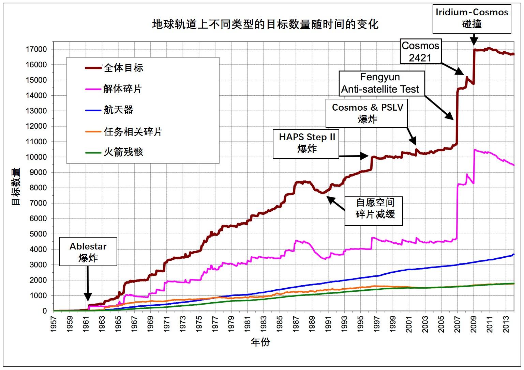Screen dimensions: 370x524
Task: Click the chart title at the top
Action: pyautogui.click(x=265, y=25)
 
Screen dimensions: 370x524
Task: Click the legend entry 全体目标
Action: pyautogui.click(x=123, y=68)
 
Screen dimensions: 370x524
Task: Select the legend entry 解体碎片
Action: pyautogui.click(x=122, y=89)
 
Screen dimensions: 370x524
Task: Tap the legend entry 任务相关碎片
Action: pyautogui.click(x=133, y=132)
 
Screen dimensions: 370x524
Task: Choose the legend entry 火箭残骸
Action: pyautogui.click(x=123, y=152)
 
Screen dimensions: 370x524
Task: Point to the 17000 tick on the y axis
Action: pyautogui.click(x=36, y=49)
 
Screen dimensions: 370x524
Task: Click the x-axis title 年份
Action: pyautogui.click(x=260, y=342)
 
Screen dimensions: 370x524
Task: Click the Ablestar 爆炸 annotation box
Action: pyautogui.click(x=88, y=252)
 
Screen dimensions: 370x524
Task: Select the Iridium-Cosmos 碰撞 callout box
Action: pyautogui.click(x=471, y=18)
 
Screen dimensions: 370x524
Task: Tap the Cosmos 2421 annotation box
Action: pyautogui.click(x=420, y=52)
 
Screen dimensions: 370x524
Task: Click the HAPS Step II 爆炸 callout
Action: pyautogui.click(x=306, y=143)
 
